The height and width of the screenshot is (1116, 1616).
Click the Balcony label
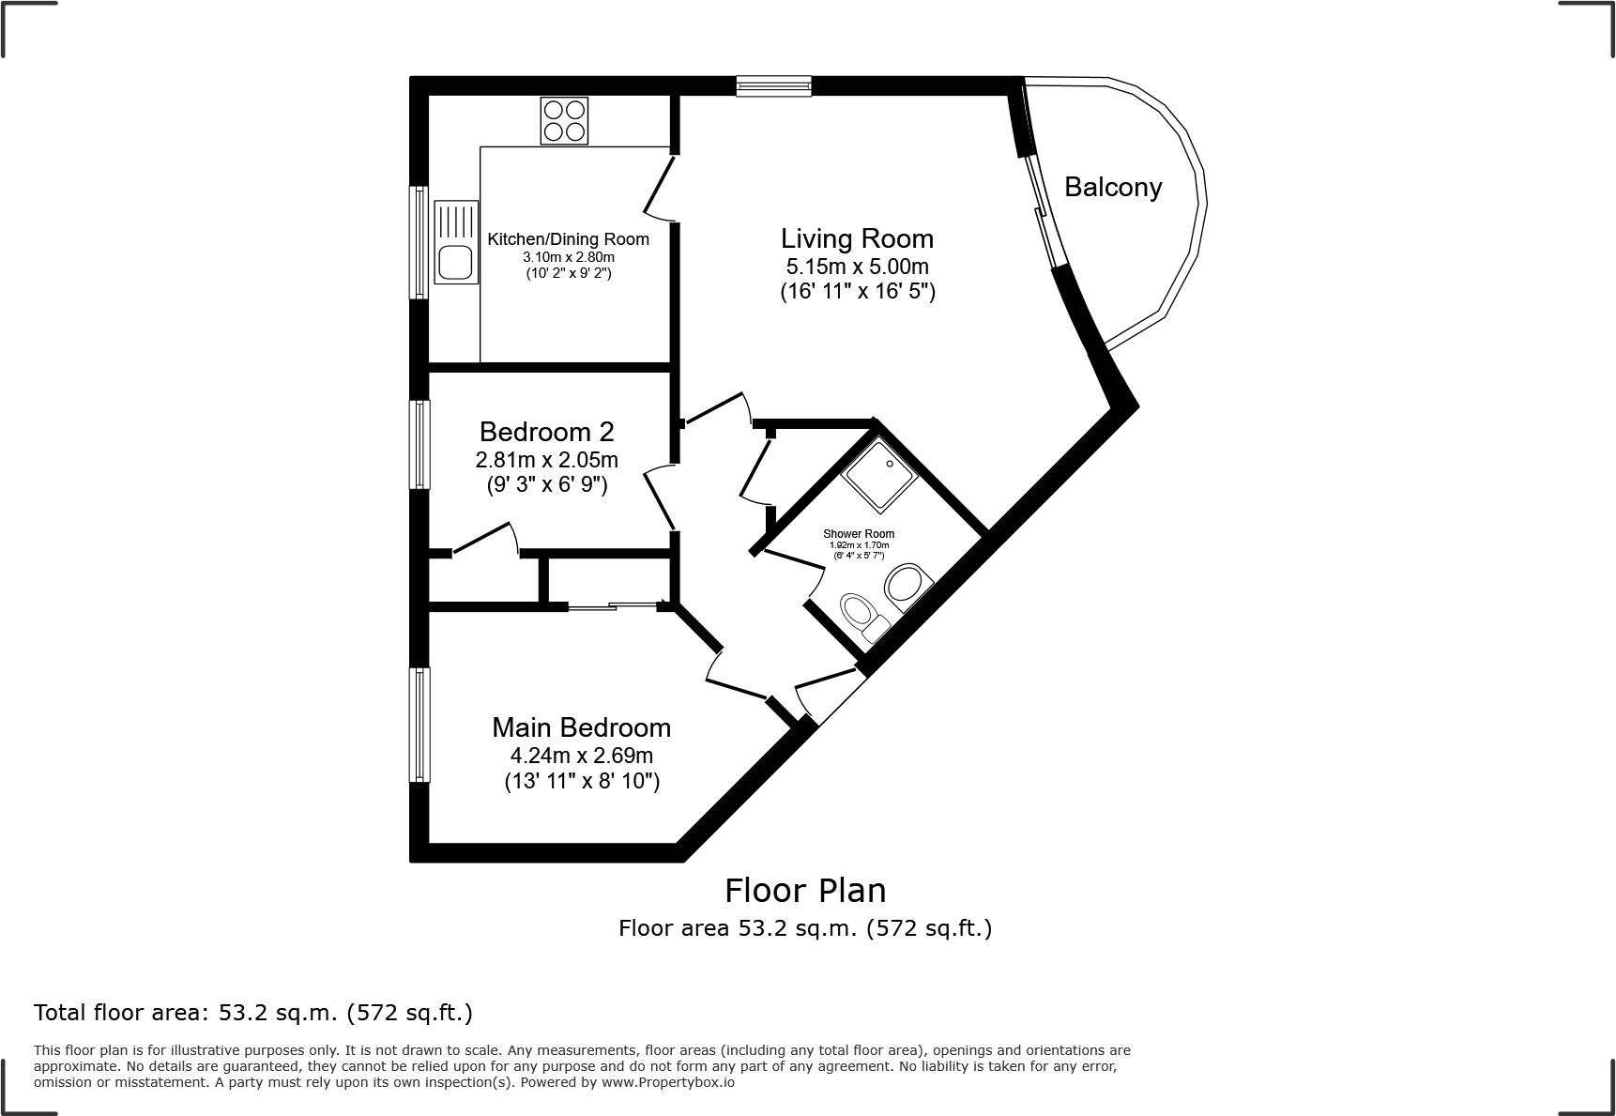pyautogui.click(x=1113, y=188)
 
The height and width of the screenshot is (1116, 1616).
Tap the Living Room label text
pyautogui.click(x=857, y=238)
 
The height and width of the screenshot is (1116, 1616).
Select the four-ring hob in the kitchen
pyautogui.click(x=564, y=121)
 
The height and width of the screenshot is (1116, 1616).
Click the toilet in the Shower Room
pyautogui.click(x=864, y=617)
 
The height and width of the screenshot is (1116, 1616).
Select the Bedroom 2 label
pyautogui.click(x=546, y=432)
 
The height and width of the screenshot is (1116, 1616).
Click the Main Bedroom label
pyautogui.click(x=582, y=727)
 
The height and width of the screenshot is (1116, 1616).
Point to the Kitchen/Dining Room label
pyautogui.click(x=569, y=239)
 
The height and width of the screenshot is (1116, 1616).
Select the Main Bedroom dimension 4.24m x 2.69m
pyautogui.click(x=582, y=756)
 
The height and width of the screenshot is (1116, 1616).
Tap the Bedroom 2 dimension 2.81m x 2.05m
pyautogui.click(x=546, y=460)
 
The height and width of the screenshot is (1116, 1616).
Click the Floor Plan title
pyautogui.click(x=805, y=890)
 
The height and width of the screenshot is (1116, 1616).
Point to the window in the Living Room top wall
pyautogui.click(x=774, y=86)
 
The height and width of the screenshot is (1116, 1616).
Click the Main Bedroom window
pyautogui.click(x=419, y=725)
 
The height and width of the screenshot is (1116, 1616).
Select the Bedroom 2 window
pyautogui.click(x=419, y=445)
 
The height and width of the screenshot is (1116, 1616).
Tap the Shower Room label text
pyautogui.click(x=859, y=534)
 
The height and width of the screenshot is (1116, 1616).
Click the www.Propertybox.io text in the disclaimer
pyautogui.click(x=668, y=1082)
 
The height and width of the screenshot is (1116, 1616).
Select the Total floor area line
pyautogui.click(x=253, y=1013)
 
